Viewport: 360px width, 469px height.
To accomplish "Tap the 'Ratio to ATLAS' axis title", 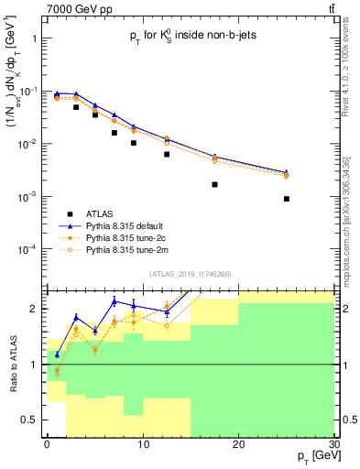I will pyautogui.click(x=12, y=365).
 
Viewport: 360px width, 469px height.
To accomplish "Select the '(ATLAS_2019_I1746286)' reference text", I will pyautogui.click(x=190, y=274).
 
